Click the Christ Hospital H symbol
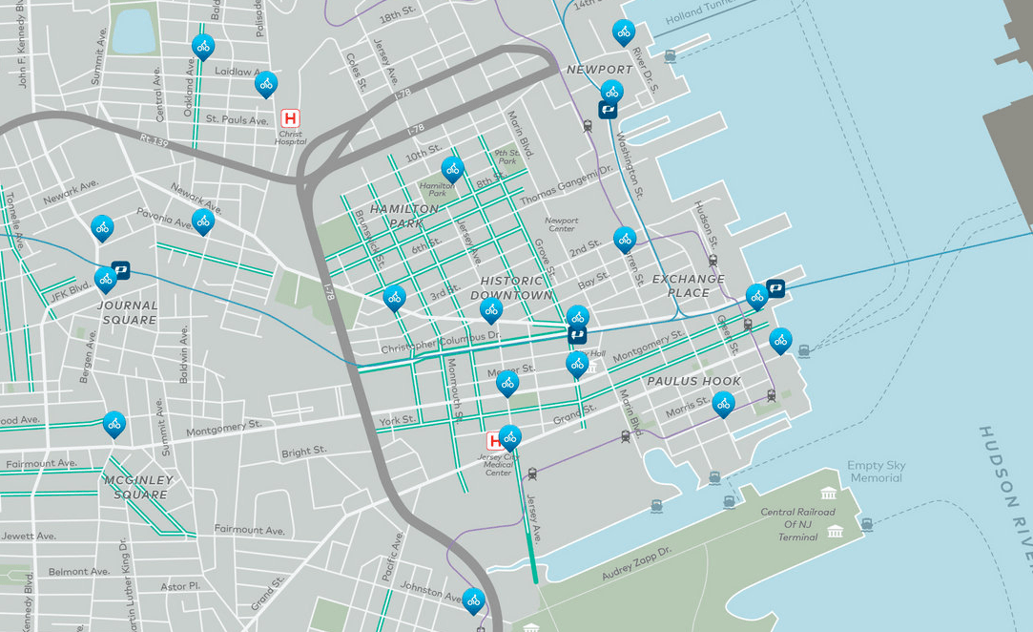(x=290, y=118)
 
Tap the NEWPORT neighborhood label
(x=599, y=70)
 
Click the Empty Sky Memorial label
(x=876, y=472)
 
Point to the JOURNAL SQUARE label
(x=129, y=312)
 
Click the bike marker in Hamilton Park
(x=452, y=169)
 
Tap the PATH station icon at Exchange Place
(x=776, y=286)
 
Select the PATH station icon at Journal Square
(x=120, y=269)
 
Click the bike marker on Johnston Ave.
(x=473, y=600)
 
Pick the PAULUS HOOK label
(x=693, y=381)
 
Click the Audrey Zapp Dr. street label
(x=636, y=564)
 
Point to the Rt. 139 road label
(x=155, y=141)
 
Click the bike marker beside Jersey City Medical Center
(x=510, y=437)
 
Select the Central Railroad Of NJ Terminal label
(x=796, y=524)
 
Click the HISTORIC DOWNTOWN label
(x=511, y=287)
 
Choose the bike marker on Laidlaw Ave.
(x=266, y=83)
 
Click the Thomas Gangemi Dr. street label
(x=567, y=184)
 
